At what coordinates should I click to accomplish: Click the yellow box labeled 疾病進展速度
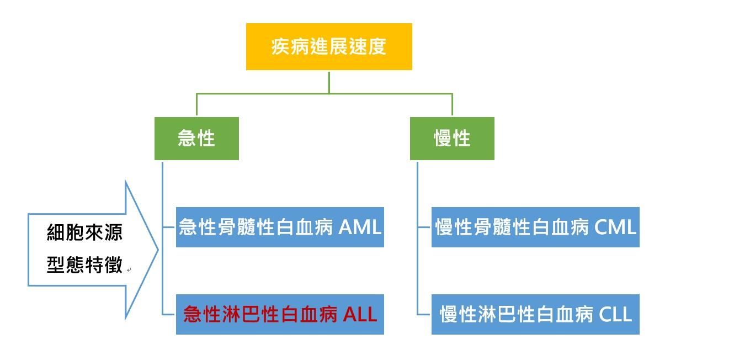(329, 46)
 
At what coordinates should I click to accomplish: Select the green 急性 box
(196, 139)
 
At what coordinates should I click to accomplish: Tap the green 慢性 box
(452, 139)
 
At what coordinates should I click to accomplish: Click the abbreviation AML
(360, 227)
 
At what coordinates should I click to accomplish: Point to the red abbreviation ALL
(360, 314)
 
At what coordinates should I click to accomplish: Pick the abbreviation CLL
(615, 314)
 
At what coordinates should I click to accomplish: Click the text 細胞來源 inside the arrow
(84, 232)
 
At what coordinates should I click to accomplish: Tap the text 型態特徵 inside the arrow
(84, 264)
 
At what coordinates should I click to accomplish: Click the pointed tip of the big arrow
(158, 250)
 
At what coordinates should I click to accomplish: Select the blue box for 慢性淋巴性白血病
(535, 314)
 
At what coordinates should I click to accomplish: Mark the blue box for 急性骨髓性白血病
(280, 227)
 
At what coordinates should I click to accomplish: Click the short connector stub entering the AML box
(169, 227)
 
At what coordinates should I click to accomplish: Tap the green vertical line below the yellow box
(329, 82)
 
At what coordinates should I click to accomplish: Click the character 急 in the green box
(187, 138)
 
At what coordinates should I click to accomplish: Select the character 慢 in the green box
(443, 138)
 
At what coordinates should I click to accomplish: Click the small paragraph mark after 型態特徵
(129, 270)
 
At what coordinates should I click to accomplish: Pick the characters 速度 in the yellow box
(368, 46)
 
